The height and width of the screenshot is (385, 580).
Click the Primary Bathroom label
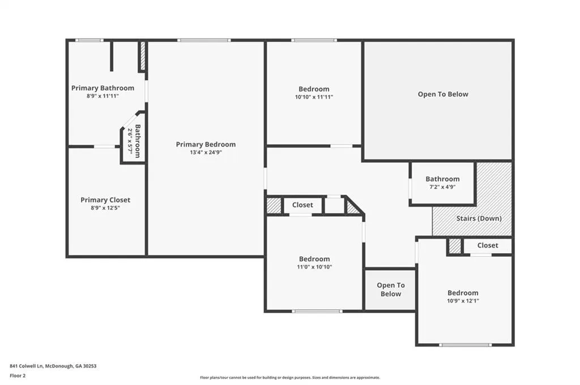click(103, 88)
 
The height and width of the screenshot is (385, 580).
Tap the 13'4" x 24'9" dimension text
click(206, 152)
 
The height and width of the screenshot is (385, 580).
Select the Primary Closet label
click(105, 200)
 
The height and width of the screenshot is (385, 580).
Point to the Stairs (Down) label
click(479, 218)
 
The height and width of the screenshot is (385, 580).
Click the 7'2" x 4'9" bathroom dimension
click(442, 187)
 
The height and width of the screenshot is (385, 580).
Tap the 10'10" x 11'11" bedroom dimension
click(314, 97)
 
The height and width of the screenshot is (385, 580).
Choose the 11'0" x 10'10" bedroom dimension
click(314, 266)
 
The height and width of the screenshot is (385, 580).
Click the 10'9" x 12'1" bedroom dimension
click(463, 300)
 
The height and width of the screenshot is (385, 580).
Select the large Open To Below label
click(443, 94)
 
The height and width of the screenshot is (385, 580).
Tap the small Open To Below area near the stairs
click(391, 289)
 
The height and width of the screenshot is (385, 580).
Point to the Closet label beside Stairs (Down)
click(488, 245)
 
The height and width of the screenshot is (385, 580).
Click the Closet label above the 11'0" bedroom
click(302, 205)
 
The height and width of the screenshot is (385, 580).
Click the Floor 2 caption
click(18, 376)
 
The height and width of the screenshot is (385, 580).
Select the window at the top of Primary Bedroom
click(204, 40)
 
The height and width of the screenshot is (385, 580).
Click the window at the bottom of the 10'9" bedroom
click(466, 345)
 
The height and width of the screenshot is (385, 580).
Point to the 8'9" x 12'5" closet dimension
click(105, 208)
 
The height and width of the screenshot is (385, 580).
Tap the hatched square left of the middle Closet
click(274, 205)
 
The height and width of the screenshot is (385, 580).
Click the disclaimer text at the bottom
click(290, 377)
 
